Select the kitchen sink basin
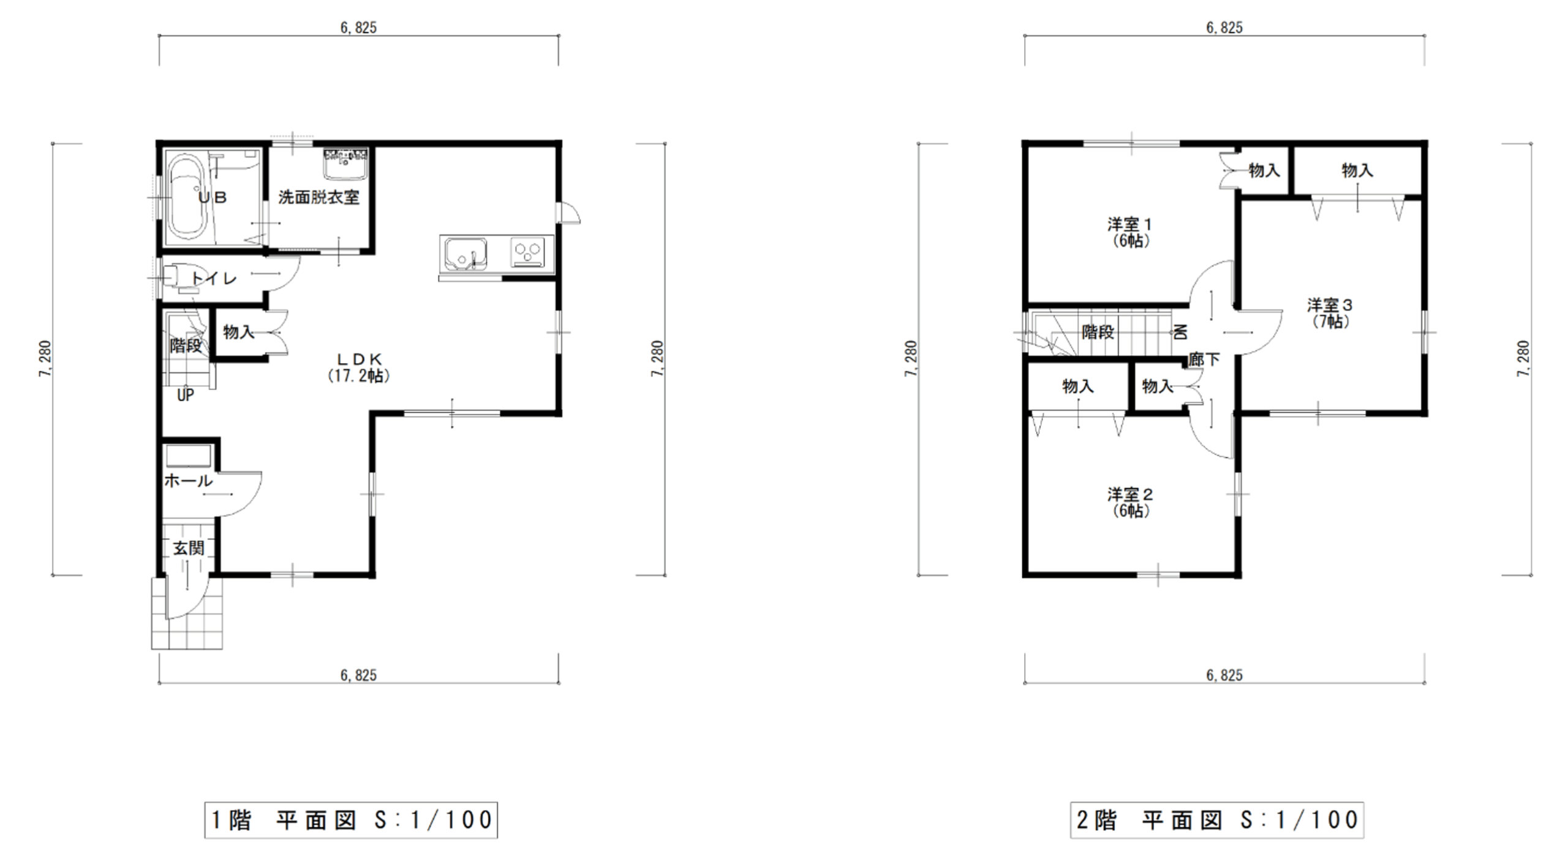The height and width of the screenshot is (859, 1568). coord(466,253)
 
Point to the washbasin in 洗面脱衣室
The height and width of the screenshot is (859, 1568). coord(345,163)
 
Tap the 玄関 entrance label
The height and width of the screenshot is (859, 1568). coord(188,548)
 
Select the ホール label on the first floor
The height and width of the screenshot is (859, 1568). coord(188,481)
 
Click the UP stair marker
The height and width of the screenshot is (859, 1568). coord(186,396)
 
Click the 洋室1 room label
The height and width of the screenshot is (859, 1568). coord(1130,224)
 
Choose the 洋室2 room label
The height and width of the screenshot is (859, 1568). coord(1131,494)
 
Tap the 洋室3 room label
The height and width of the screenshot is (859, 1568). coord(1330,305)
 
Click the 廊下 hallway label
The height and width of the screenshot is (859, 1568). coord(1204,359)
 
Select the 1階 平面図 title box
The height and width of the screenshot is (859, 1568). coord(351,820)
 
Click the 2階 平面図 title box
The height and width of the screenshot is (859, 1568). coord(1217,820)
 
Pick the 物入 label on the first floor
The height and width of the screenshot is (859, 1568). coord(239,332)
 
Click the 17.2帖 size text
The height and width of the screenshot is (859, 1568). coord(359,376)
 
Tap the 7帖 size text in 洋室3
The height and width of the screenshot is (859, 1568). coord(1330,321)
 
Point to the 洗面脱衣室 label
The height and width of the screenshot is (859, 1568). coord(319,197)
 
